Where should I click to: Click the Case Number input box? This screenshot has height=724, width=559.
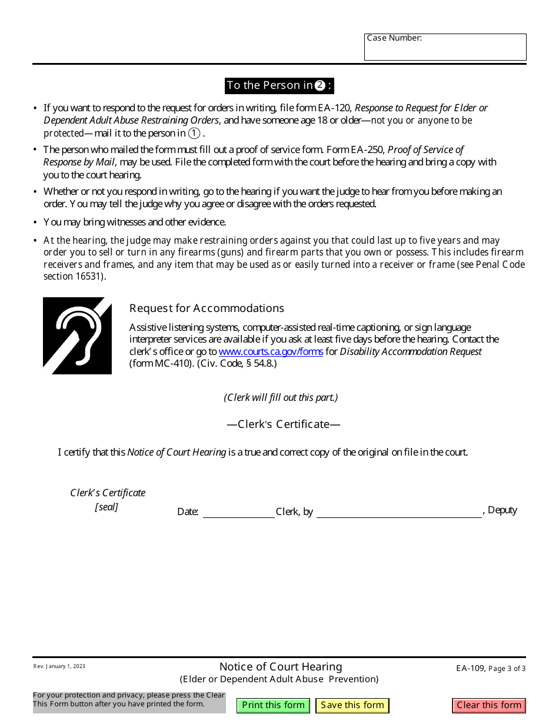pyautogui.click(x=445, y=50)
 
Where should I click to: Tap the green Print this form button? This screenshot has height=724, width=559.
pyautogui.click(x=273, y=705)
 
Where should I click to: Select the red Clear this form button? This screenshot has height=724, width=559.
pyautogui.click(x=488, y=705)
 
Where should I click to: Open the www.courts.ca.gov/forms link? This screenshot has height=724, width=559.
pyautogui.click(x=271, y=351)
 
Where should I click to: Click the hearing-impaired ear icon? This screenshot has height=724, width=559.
pyautogui.click(x=77, y=336)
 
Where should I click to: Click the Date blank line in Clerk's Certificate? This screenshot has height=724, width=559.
pyautogui.click(x=238, y=512)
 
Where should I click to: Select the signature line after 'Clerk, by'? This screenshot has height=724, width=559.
pyautogui.click(x=399, y=512)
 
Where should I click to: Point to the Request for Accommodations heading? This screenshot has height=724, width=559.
pyautogui.click(x=207, y=308)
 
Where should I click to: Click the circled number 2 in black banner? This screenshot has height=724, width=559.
pyautogui.click(x=320, y=85)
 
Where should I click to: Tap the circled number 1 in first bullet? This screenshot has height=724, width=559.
pyautogui.click(x=194, y=133)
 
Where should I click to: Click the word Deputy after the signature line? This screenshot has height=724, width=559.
pyautogui.click(x=502, y=510)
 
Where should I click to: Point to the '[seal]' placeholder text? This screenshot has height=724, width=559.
pyautogui.click(x=107, y=507)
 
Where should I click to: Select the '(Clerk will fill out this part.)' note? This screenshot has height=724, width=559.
pyautogui.click(x=281, y=397)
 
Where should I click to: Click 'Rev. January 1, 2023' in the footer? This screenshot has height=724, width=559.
pyautogui.click(x=59, y=666)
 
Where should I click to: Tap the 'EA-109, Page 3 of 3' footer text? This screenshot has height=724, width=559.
pyautogui.click(x=491, y=668)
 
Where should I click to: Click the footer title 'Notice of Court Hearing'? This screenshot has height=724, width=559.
pyautogui.click(x=280, y=666)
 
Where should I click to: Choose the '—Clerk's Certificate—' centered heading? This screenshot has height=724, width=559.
pyautogui.click(x=283, y=424)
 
